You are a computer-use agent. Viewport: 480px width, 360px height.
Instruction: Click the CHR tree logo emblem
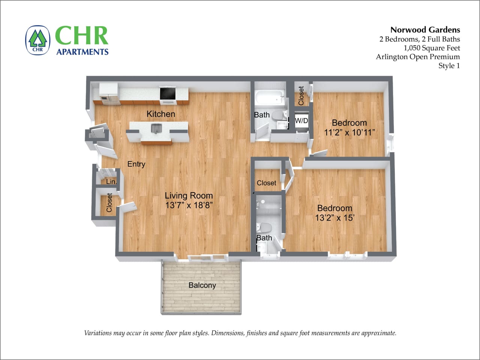(37, 40)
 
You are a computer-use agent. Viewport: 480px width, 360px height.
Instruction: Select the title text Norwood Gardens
(425, 30)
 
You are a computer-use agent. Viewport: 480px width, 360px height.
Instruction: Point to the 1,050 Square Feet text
(432, 48)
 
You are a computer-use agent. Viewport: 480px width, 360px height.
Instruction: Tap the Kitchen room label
(161, 114)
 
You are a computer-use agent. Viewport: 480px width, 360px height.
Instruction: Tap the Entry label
(136, 164)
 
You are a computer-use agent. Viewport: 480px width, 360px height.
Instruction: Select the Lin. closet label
(111, 182)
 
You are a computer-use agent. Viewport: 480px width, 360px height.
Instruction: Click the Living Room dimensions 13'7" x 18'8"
(189, 205)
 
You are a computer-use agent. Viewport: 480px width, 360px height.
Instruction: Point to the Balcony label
(202, 285)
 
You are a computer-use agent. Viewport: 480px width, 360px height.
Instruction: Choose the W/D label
(301, 121)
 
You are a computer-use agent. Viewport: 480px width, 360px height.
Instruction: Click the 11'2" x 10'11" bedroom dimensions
(349, 132)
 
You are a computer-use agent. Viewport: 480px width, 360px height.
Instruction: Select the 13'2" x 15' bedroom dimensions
(334, 218)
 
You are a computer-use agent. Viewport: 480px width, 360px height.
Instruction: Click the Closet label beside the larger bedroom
(266, 183)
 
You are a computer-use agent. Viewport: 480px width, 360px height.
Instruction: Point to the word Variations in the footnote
(99, 333)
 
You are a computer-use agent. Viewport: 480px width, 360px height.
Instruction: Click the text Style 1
(449, 66)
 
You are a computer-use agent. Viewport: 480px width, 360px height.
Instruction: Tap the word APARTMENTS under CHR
(82, 52)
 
